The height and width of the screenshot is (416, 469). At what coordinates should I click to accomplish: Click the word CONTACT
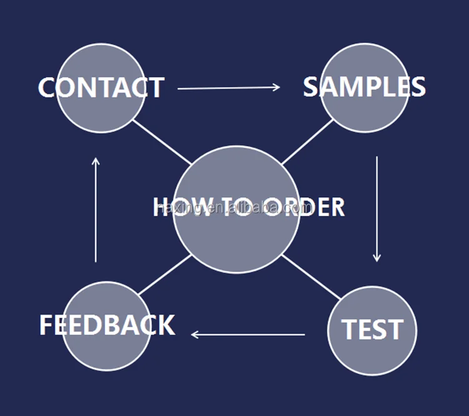click(101, 88)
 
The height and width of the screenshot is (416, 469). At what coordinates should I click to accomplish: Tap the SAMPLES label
click(365, 87)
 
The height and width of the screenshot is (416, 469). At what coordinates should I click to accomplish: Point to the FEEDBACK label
click(107, 325)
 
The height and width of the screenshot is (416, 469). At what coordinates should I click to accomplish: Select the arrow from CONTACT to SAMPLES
click(229, 88)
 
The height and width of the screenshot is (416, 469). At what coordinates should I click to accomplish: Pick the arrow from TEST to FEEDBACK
click(248, 335)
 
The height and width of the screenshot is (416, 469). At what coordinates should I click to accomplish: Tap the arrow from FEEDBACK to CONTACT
click(96, 210)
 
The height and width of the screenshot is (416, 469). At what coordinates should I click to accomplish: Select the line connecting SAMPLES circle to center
click(306, 142)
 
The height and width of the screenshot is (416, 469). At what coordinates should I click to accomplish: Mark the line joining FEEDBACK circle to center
click(164, 275)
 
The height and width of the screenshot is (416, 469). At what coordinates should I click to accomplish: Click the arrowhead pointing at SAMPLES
click(277, 88)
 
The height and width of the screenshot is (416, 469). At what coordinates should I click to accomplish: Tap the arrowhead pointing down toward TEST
click(376, 257)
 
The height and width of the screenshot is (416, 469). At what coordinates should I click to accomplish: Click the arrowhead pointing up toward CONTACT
click(96, 161)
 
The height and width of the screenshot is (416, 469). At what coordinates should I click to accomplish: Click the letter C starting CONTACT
click(48, 88)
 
